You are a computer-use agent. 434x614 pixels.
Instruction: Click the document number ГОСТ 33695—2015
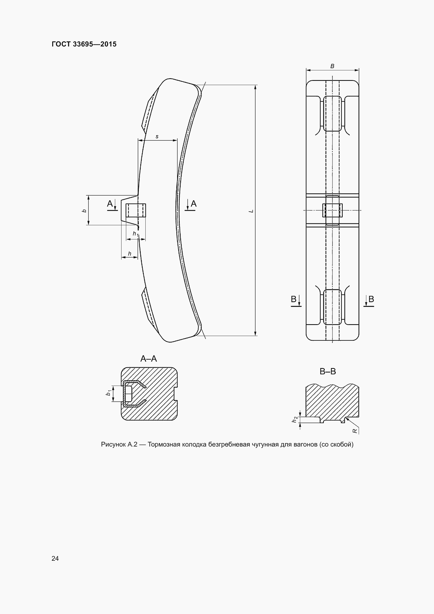pos(84,44)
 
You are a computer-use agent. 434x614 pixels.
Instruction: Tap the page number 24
pos(55,558)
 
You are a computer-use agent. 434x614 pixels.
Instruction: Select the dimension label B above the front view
pos(332,66)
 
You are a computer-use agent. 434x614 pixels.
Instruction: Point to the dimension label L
pos(251,211)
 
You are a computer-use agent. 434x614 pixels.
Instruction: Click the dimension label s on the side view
pos(157,137)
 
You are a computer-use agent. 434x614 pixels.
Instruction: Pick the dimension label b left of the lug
pos(84,211)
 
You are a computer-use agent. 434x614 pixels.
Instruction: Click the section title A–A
pos(149,359)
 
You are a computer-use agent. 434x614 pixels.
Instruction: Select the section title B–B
pos(328,371)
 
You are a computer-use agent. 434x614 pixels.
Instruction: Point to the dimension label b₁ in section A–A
pos(109,393)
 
